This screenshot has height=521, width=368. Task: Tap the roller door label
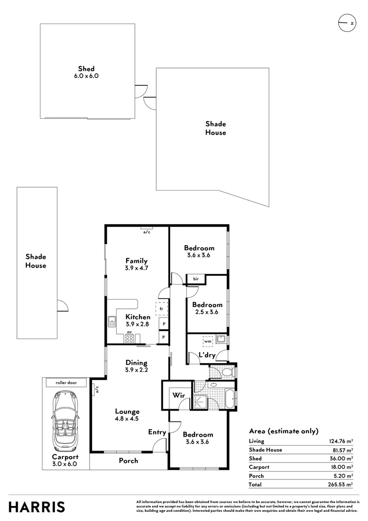(67, 383)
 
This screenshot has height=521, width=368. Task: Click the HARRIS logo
(37, 507)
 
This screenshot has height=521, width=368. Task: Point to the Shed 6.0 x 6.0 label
(86, 72)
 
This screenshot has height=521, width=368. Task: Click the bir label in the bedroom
(196, 279)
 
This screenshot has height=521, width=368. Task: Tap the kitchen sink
(112, 321)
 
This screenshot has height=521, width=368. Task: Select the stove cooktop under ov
(129, 339)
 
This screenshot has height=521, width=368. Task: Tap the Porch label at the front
(129, 461)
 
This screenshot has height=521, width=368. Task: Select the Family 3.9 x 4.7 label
(136, 264)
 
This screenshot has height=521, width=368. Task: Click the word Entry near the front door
(157, 432)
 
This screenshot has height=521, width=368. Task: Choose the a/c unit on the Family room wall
(146, 228)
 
